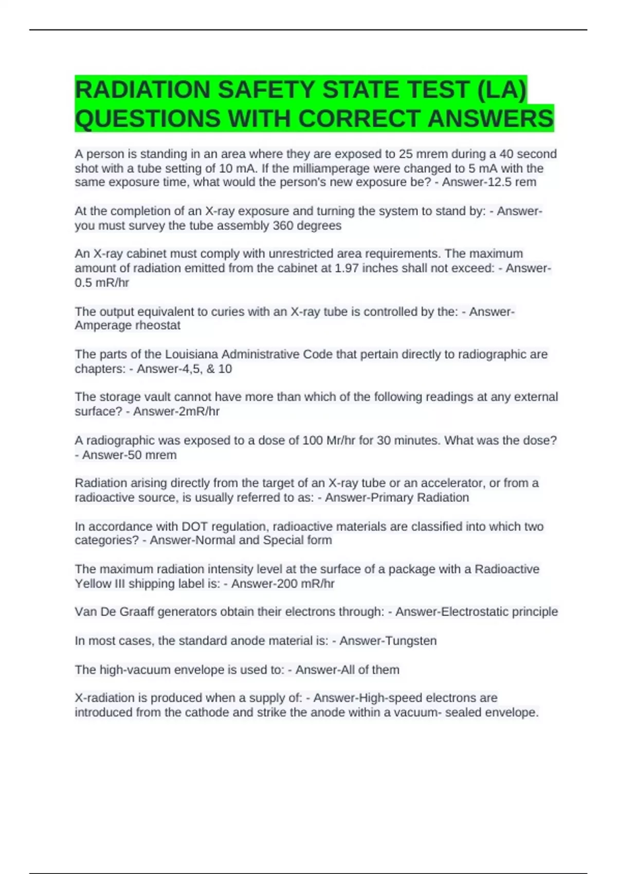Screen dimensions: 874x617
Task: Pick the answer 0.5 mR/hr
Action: (102, 283)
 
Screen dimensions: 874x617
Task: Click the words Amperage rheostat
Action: (128, 325)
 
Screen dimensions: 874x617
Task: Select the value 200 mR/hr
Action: (305, 584)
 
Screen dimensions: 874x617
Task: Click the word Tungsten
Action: (410, 641)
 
